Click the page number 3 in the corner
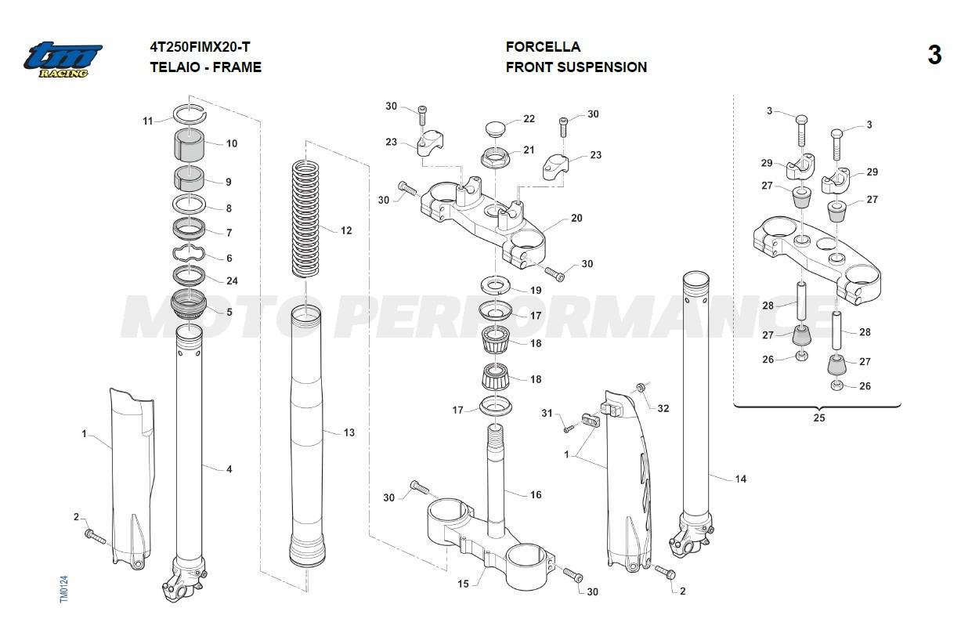(934, 56)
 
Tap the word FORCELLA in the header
(543, 47)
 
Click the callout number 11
(148, 121)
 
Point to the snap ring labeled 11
(188, 113)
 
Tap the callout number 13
(349, 432)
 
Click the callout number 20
(576, 218)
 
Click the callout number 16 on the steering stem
(536, 494)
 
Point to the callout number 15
(463, 583)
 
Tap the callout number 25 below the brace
(818, 418)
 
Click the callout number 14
(740, 479)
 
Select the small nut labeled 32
(641, 387)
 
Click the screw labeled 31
(570, 428)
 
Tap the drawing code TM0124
(64, 589)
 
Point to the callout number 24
(232, 280)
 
